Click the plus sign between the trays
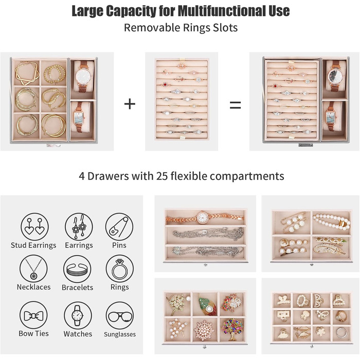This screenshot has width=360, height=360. click(x=130, y=104)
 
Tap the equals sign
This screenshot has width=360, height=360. click(x=236, y=105)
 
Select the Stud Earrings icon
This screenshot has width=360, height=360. click(x=34, y=227)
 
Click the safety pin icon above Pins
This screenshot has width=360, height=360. click(x=119, y=227)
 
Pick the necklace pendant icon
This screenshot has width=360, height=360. click(x=33, y=268)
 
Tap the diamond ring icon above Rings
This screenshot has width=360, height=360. click(x=120, y=268)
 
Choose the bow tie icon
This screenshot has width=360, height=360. click(x=33, y=315)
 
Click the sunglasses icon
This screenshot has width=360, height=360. click(x=120, y=316)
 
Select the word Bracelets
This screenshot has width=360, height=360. click(x=77, y=287)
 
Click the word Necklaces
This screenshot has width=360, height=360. click(x=33, y=287)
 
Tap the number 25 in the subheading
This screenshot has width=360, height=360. click(x=163, y=176)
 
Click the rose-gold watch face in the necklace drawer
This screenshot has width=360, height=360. click(x=203, y=217)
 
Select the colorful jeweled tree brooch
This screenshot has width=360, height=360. click(x=231, y=329)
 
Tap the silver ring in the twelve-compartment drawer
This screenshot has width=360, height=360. click(x=341, y=332)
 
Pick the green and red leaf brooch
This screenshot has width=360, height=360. click(x=208, y=304)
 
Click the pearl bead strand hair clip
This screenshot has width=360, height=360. click(x=332, y=221)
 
